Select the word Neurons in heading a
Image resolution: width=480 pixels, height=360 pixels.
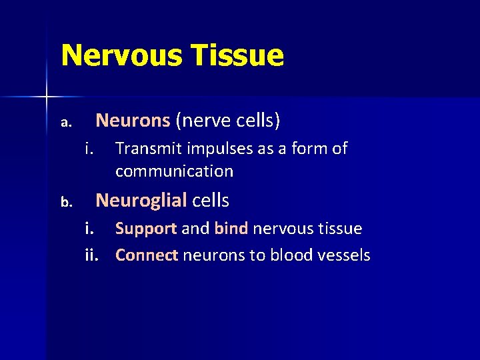[x=133, y=121]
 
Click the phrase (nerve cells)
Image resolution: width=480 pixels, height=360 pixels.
[x=228, y=121]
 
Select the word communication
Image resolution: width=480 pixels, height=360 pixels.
[x=174, y=171]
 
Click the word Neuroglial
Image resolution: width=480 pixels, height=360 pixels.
[x=141, y=200]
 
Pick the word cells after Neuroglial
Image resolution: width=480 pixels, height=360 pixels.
[x=211, y=200]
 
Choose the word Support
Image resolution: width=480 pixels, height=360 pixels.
[x=145, y=229]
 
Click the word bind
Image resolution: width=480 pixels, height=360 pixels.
[x=231, y=229]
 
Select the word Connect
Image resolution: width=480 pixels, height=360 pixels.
[x=147, y=255]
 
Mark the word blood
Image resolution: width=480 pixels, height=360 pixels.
[x=291, y=255]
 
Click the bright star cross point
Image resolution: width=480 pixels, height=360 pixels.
[x=47, y=97]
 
